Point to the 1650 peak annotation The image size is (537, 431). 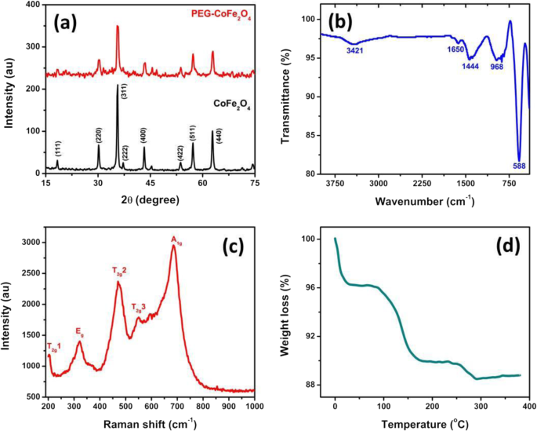click(x=453, y=49)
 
